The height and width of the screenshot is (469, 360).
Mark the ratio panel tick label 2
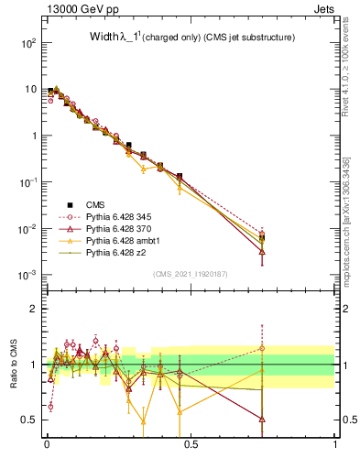click(x=35, y=309)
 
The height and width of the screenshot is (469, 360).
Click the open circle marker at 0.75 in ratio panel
click(x=263, y=348)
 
